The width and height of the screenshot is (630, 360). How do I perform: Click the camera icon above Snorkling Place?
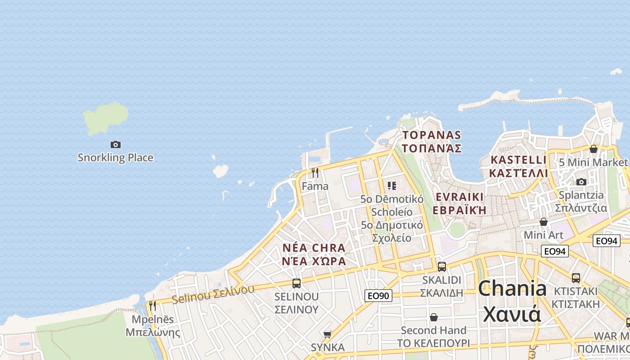[x=116, y=144]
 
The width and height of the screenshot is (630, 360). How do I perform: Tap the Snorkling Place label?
[x=115, y=157]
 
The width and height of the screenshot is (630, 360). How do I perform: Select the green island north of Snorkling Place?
[x=105, y=117]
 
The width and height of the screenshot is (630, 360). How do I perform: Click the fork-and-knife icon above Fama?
[x=315, y=172]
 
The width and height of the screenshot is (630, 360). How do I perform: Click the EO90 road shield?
[x=378, y=296]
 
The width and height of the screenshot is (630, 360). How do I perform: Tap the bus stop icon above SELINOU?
[x=297, y=283]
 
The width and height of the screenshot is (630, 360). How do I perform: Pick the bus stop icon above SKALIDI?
[x=442, y=266]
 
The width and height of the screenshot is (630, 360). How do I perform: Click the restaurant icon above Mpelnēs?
[x=153, y=306]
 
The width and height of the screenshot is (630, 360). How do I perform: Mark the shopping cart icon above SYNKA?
[x=328, y=334]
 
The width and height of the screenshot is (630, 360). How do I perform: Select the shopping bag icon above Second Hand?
[x=434, y=318]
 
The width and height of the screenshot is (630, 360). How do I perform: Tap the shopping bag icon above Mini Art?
[x=544, y=222]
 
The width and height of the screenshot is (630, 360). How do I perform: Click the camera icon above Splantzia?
[x=581, y=182]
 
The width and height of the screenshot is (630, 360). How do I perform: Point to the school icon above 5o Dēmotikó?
[x=392, y=185]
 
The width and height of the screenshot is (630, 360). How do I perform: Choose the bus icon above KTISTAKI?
[x=576, y=278]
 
